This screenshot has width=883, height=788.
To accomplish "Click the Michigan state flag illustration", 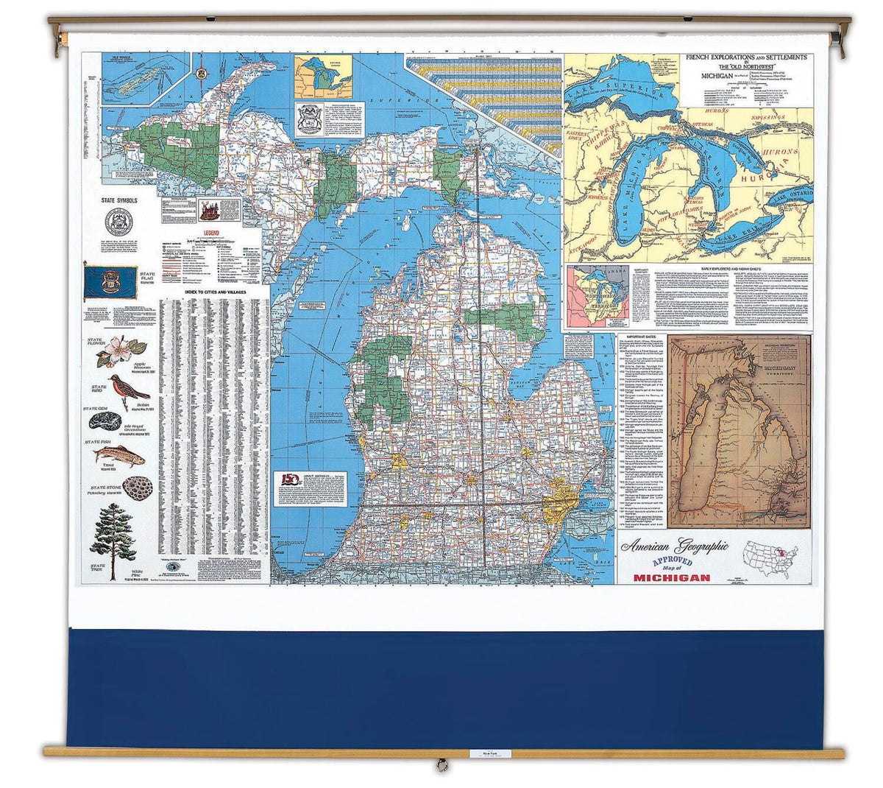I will (110, 282).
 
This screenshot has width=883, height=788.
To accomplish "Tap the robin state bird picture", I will (125, 390).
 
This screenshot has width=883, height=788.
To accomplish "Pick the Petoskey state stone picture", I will (137, 488).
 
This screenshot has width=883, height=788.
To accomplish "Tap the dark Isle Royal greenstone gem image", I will (105, 421).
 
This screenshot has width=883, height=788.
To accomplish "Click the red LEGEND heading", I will (201, 239).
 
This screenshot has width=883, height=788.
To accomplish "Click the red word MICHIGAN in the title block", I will (672, 577).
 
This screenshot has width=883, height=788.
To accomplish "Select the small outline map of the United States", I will (773, 559).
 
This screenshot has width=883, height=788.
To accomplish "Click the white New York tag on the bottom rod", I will (483, 753).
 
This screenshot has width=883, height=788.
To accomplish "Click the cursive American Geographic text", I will (674, 546).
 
